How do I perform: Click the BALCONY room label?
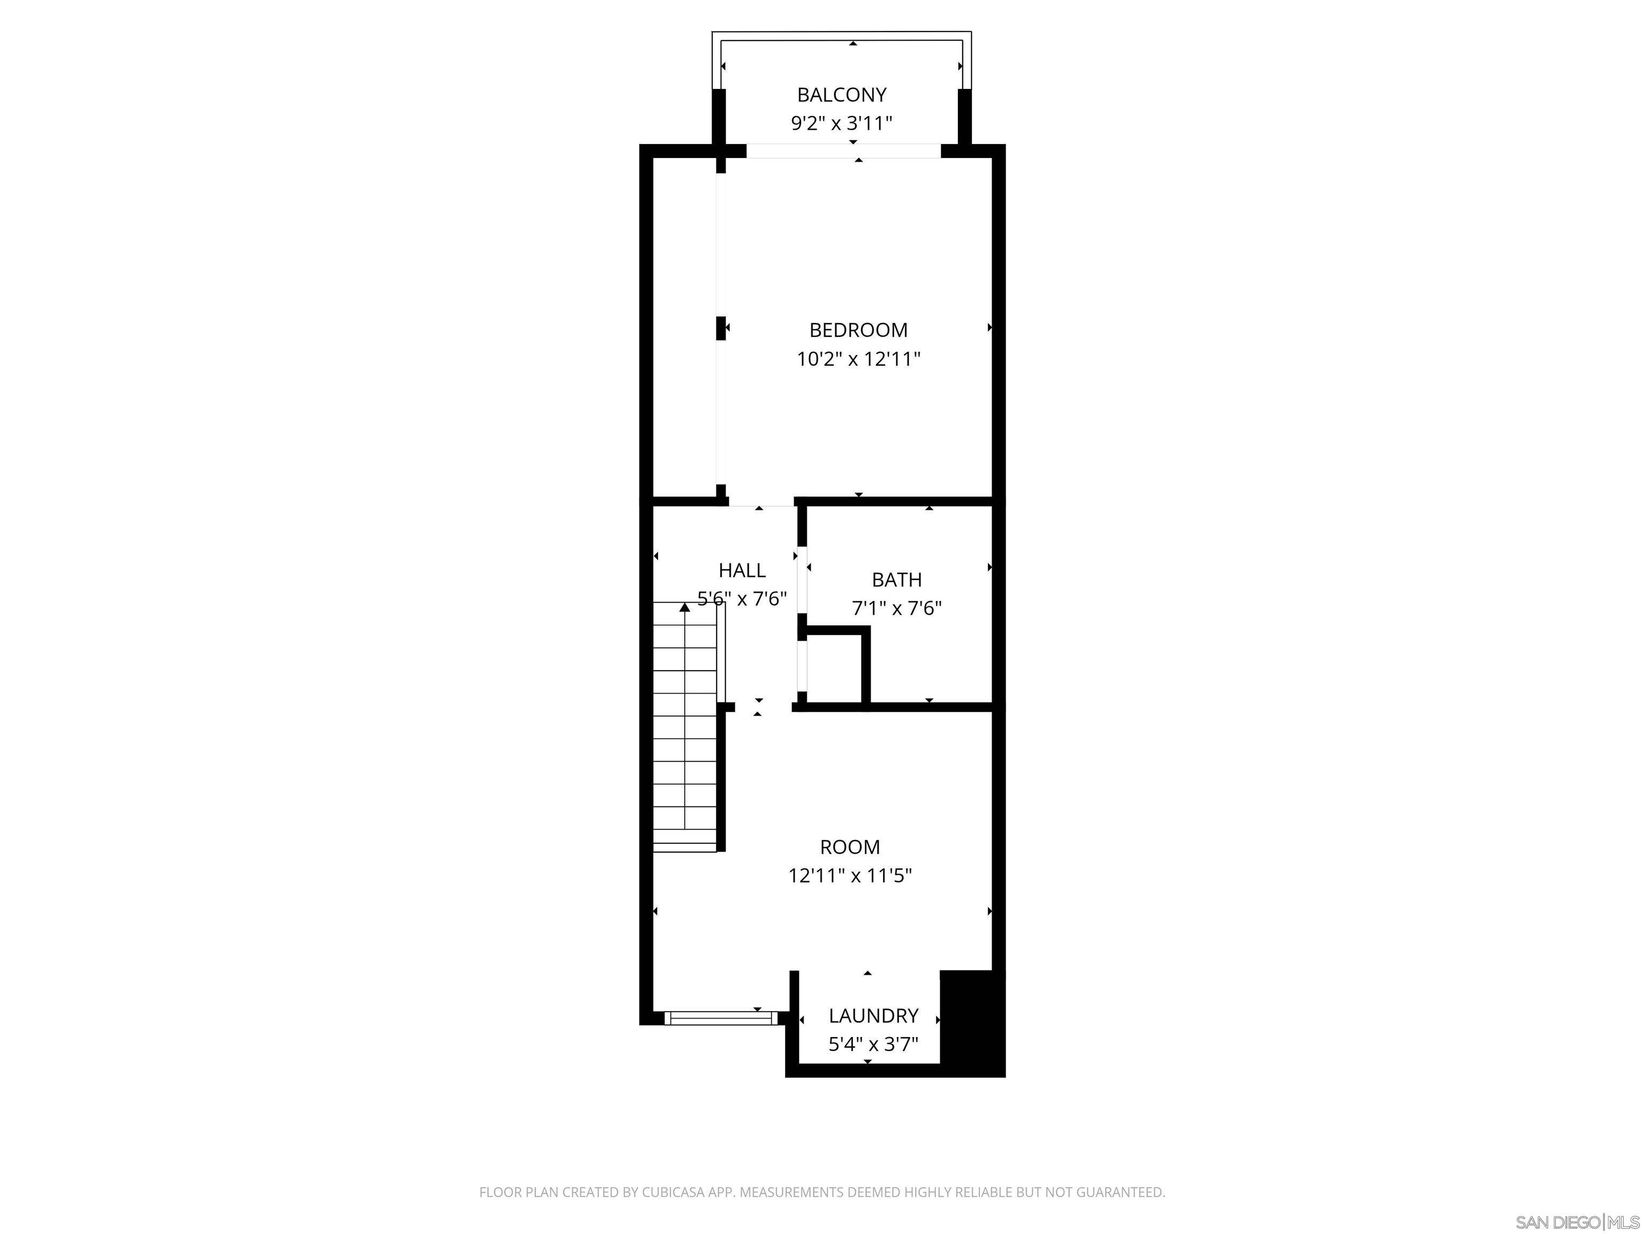tap(842, 95)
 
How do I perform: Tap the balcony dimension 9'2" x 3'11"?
tap(842, 124)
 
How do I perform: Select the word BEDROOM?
tap(858, 330)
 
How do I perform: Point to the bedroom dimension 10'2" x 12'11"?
tap(858, 359)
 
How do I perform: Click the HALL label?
tap(742, 570)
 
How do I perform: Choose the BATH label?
tap(897, 580)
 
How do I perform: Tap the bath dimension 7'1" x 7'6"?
tap(897, 608)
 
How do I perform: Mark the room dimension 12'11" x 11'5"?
tap(850, 876)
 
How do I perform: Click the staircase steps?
tap(684, 744)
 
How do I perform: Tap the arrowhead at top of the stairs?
tap(684, 607)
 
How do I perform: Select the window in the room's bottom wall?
tap(720, 1018)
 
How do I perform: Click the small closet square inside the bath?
tap(834, 668)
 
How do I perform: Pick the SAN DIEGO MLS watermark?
tap(1576, 1222)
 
